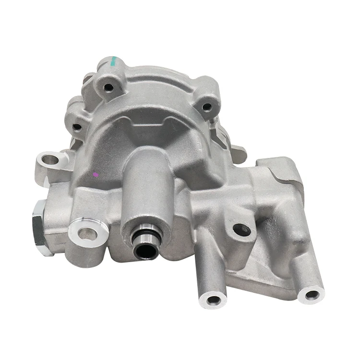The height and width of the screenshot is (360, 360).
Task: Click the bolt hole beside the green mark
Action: point(109,87)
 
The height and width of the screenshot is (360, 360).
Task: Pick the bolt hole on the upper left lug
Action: point(77,128)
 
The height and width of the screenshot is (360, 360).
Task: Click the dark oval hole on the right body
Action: point(241,229)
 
